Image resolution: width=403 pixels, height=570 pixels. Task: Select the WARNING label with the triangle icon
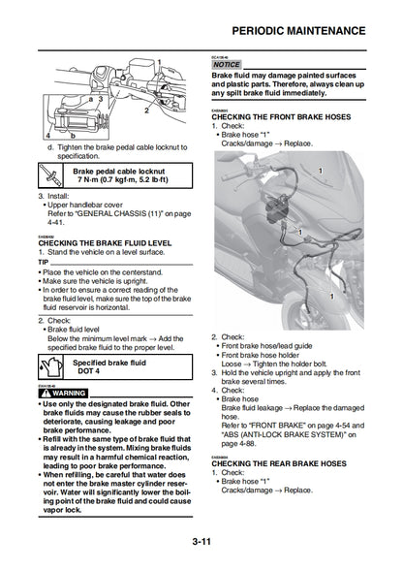click(x=63, y=393)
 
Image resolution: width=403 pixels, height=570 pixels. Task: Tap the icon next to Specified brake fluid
click(x=49, y=367)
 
